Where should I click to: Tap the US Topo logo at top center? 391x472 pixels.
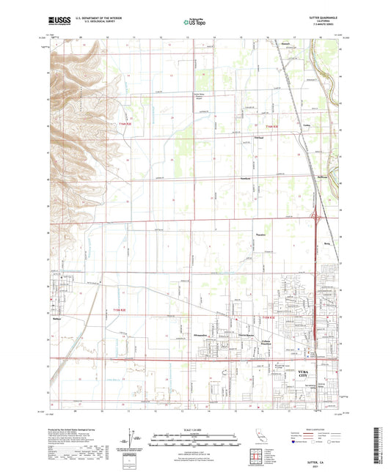tap(194, 23)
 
